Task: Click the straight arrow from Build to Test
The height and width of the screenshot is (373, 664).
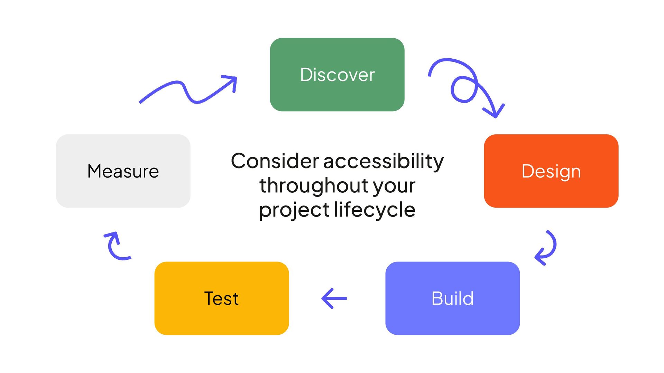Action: pyautogui.click(x=334, y=298)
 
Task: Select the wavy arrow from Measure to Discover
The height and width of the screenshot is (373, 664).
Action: pyautogui.click(x=188, y=92)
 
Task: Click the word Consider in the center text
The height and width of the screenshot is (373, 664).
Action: pyautogui.click(x=275, y=161)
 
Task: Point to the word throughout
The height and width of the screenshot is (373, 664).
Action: pyautogui.click(x=313, y=185)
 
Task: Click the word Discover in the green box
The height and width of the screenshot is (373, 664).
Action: pyautogui.click(x=337, y=75)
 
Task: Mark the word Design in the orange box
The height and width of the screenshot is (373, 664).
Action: pyautogui.click(x=551, y=172)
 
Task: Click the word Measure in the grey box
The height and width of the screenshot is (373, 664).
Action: pyautogui.click(x=123, y=171)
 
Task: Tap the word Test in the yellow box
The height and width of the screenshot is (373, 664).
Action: pyautogui.click(x=221, y=298)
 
